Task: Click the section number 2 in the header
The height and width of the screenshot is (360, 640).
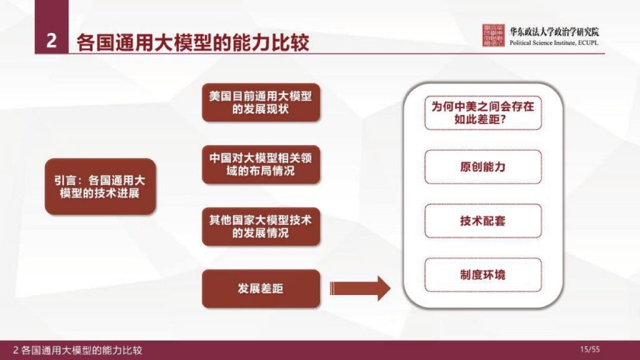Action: tap(52, 41)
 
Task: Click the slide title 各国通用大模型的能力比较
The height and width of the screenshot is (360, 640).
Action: tap(193, 42)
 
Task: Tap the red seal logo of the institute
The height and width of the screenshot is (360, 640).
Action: tap(493, 37)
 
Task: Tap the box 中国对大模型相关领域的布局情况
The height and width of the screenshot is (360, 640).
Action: tap(261, 164)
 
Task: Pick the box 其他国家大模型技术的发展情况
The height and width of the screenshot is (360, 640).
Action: tap(261, 226)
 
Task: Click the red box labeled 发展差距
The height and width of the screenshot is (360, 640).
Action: tap(261, 288)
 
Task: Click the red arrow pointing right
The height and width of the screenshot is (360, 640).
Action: tap(359, 288)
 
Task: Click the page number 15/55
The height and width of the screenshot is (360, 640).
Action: tap(590, 349)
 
